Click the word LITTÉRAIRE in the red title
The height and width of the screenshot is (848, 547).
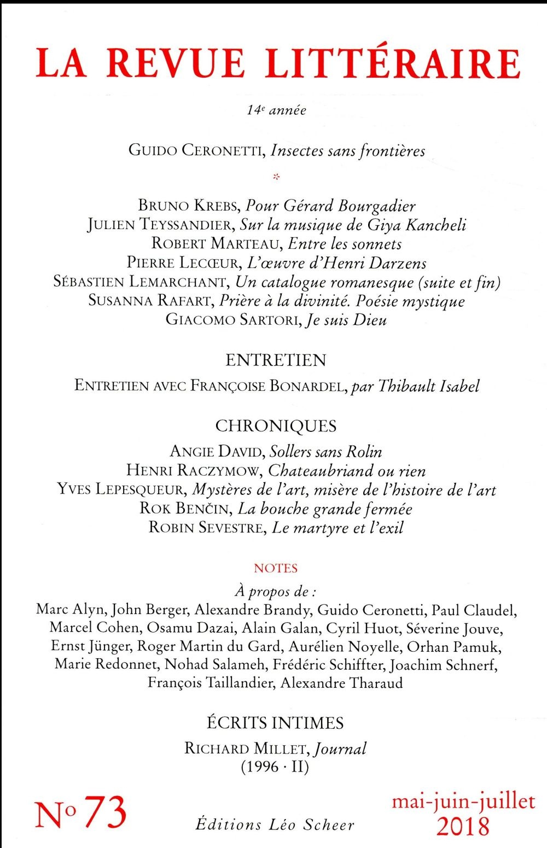393,63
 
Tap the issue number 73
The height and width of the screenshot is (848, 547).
106,814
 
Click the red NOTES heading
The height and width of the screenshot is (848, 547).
276,569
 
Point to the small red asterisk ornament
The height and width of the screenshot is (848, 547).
276,177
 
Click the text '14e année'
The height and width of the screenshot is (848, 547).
276,110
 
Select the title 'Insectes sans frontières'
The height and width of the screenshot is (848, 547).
348,150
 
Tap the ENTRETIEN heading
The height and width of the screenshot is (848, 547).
276,360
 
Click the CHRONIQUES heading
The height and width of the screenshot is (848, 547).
276,426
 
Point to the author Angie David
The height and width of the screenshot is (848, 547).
217,452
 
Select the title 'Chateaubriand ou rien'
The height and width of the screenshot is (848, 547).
347,471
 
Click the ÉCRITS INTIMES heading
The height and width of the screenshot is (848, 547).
275,723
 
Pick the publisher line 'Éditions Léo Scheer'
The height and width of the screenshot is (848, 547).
275,824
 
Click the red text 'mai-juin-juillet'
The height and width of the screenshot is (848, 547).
463,802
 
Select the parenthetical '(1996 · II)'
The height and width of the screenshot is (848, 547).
275,767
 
